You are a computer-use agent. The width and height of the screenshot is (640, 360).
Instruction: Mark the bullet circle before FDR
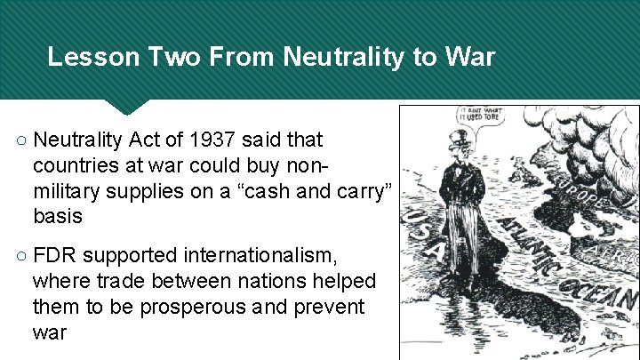(22, 258)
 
